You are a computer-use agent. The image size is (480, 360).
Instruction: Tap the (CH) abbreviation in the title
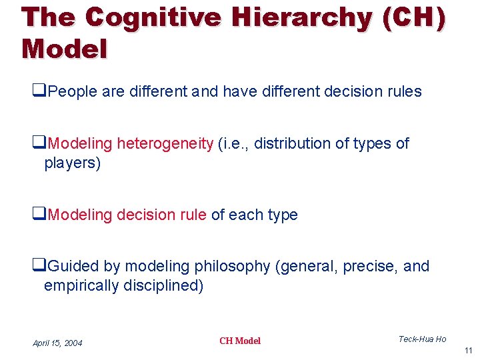pyautogui.click(x=414, y=18)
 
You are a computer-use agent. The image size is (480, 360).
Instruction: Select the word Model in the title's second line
pyautogui.click(x=64, y=49)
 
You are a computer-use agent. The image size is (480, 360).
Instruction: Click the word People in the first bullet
pyautogui.click(x=73, y=92)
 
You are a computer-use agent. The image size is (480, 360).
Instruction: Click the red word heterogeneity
pyautogui.click(x=165, y=143)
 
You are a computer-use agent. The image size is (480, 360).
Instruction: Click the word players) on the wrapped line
pyautogui.click(x=72, y=163)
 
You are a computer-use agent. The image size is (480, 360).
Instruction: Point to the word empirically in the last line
pyautogui.click(x=83, y=286)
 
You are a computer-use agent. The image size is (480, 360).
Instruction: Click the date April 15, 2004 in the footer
pyautogui.click(x=58, y=343)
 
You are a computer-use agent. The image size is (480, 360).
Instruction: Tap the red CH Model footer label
pyautogui.click(x=240, y=341)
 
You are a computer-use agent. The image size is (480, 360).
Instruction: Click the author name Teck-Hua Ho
pyautogui.click(x=422, y=339)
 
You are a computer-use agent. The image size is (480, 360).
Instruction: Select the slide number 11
pyautogui.click(x=468, y=350)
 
